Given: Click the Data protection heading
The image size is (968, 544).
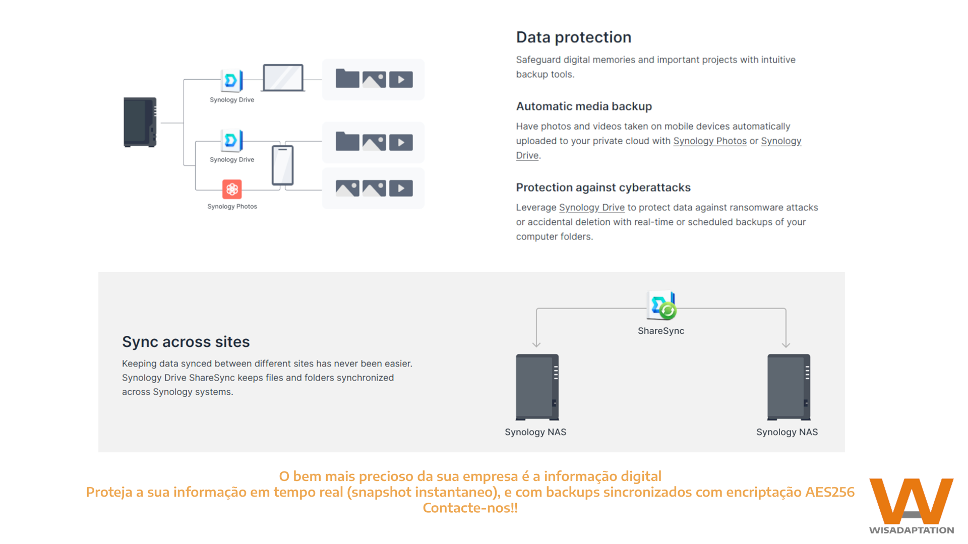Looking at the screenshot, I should click(573, 37).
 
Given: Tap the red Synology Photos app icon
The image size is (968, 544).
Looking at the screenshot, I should click(232, 189).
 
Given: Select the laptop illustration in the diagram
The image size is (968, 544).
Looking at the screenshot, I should click(283, 78).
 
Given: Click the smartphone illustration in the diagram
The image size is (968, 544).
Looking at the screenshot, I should click(282, 165).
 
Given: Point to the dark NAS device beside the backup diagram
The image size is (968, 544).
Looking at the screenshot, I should click(140, 122).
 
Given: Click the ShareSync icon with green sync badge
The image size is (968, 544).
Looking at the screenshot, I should click(661, 305).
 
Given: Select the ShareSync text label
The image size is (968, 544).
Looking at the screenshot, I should click(660, 331).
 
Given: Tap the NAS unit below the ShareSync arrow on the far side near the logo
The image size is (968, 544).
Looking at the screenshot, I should click(789, 387).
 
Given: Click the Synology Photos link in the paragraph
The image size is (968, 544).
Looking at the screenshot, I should click(709, 141).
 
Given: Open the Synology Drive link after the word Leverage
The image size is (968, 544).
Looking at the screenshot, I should click(591, 208).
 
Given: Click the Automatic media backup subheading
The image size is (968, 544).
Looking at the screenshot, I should click(584, 106).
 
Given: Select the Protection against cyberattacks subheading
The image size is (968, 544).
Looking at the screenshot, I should click(603, 188).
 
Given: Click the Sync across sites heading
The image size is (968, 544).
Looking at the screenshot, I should click(186, 342).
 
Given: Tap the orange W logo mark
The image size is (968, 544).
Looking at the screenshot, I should click(911, 501).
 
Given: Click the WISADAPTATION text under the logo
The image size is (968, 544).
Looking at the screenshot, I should click(911, 530).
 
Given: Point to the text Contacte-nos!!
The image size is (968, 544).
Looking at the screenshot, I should click(470, 508).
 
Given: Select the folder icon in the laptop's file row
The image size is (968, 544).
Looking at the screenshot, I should click(347, 79).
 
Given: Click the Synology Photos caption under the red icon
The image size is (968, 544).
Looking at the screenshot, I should click(232, 207).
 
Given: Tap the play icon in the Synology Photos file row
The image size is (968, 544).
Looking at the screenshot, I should click(401, 189).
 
